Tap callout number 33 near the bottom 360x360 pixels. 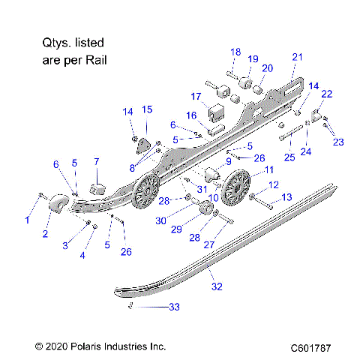[175, 308]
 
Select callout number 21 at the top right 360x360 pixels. [297, 57]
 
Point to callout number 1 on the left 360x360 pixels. [28, 220]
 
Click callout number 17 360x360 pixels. [196, 97]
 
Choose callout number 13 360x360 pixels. [286, 197]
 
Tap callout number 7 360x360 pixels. [96, 161]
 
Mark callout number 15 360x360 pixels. [147, 109]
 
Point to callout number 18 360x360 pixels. [235, 52]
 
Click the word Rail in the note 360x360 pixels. [93, 56]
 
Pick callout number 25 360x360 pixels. [289, 157]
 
